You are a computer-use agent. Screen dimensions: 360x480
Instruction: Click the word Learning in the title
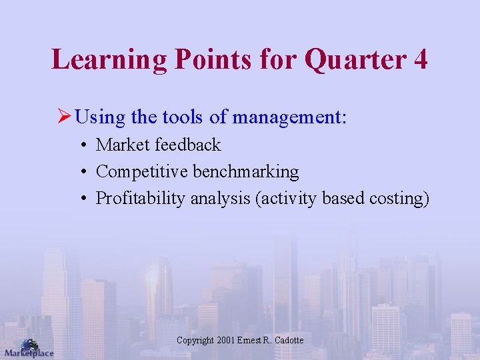tap(109, 59)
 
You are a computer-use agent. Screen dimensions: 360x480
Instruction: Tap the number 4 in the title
tap(420, 59)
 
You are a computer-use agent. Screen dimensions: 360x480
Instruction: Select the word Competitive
tap(142, 171)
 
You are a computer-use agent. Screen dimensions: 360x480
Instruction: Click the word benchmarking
tap(245, 171)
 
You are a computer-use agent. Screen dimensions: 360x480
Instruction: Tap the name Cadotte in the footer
tap(288, 341)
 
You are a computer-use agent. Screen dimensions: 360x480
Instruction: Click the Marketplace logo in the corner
tap(28, 348)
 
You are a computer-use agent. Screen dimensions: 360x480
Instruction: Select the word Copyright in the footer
tap(195, 341)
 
